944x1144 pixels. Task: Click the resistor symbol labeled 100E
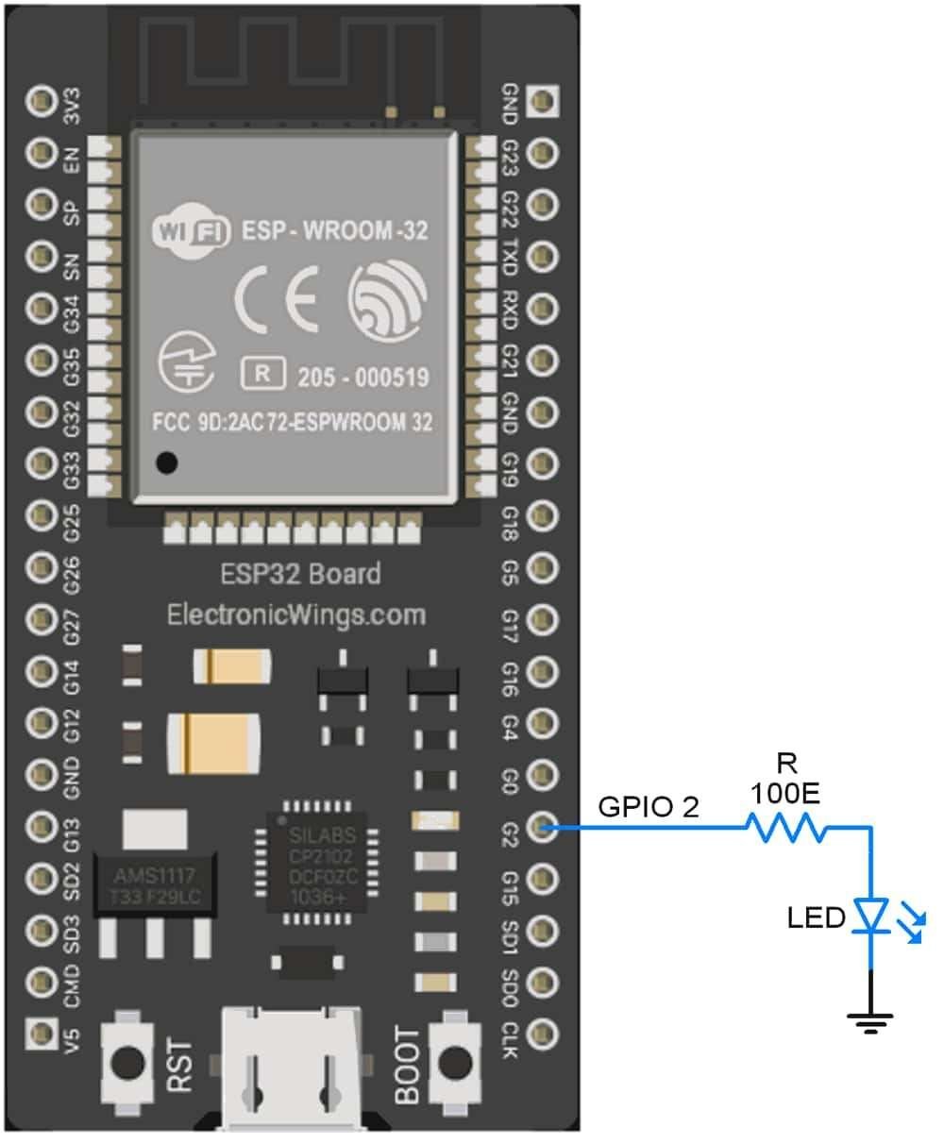(x=785, y=829)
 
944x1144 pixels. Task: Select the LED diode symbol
(x=869, y=917)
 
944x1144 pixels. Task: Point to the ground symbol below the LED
(x=869, y=1020)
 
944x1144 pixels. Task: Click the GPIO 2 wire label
(x=649, y=808)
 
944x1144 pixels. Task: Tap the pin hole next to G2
(x=543, y=829)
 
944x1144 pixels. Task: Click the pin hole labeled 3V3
(x=42, y=101)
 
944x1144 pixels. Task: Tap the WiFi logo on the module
(x=191, y=230)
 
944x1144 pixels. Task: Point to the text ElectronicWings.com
(x=296, y=615)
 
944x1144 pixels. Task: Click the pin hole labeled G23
(x=543, y=152)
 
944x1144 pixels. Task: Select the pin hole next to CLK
(x=543, y=1031)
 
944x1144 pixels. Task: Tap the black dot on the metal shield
(x=168, y=463)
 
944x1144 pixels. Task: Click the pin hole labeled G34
(x=42, y=307)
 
